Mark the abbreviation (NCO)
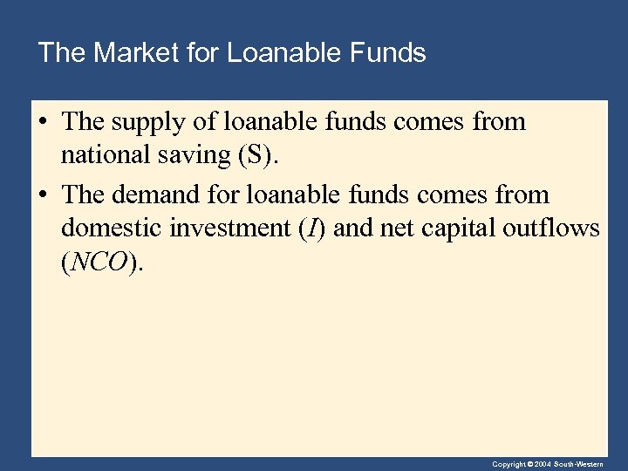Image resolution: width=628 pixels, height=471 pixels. pyautogui.click(x=99, y=263)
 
